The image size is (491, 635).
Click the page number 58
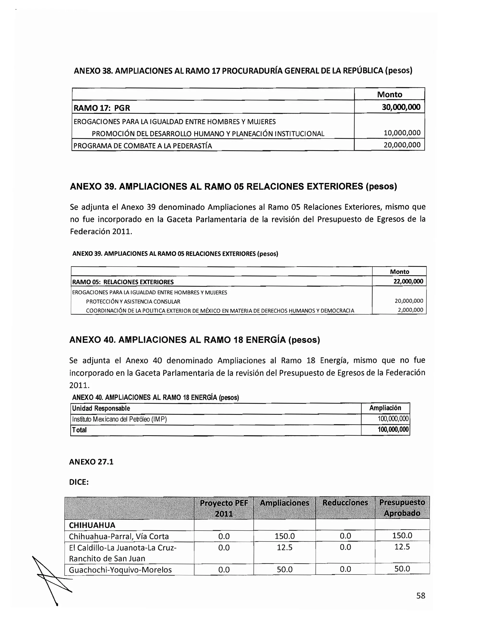pyautogui.click(x=420, y=595)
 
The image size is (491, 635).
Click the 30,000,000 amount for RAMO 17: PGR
pyautogui.click(x=401, y=107)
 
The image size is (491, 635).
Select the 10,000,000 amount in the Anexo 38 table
pyautogui.click(x=402, y=133)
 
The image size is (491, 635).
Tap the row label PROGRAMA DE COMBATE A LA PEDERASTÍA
pyautogui.click(x=143, y=146)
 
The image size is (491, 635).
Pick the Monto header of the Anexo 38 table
pyautogui.click(x=390, y=94)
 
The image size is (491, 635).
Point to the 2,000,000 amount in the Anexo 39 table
pyautogui.click(x=410, y=310)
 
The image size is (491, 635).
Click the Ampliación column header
pyautogui.click(x=385, y=408)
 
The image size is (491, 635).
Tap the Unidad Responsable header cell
pyautogui.click(x=101, y=408)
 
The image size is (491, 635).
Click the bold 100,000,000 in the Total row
pyautogui.click(x=393, y=429)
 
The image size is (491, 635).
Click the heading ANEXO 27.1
pyautogui.click(x=91, y=462)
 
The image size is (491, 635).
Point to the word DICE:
pyautogui.click(x=79, y=482)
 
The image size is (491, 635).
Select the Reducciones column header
pyautogui.click(x=345, y=502)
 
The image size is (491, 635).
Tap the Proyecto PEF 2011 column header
pyautogui.click(x=224, y=508)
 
